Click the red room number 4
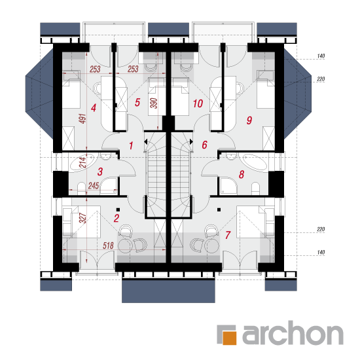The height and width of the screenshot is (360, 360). pos(93,108)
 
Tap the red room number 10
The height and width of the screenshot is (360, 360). pos(198,103)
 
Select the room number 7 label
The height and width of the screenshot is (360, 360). pos(228,235)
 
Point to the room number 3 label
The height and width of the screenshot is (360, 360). pos(100,171)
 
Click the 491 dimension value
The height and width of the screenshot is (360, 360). pos(83,118)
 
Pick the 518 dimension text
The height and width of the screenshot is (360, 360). pos(108,245)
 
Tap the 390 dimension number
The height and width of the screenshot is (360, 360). pos(154,103)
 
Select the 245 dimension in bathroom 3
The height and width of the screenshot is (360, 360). pos(94,185)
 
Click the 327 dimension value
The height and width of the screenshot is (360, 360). pos(82,218)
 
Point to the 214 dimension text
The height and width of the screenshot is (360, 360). pos(82,162)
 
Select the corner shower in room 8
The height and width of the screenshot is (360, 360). pos(228,186)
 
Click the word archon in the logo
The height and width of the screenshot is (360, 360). pos(293,333)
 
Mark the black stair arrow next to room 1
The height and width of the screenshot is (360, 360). pos(145,141)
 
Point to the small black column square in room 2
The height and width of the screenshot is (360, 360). pos(118,209)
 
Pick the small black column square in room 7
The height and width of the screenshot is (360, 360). pos(219,209)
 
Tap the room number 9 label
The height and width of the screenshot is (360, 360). pos(249,120)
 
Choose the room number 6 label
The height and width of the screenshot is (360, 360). pos(204,145)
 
